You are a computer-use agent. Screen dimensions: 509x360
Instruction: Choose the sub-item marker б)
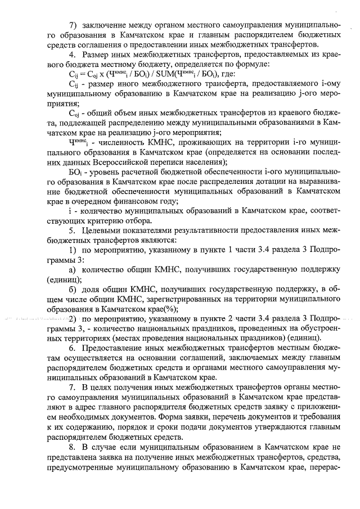pos(73,288)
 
